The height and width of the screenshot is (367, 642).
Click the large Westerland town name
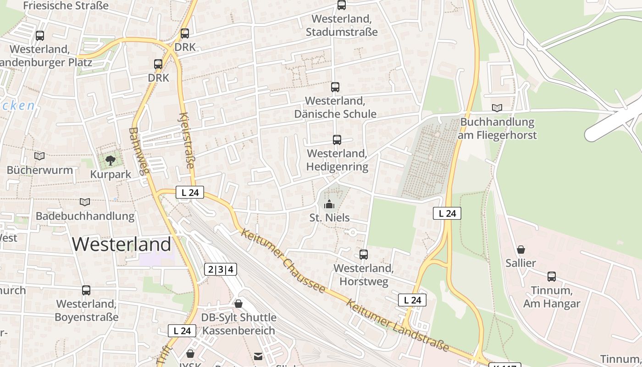click(x=122, y=244)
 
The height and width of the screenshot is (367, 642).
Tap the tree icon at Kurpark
click(x=110, y=160)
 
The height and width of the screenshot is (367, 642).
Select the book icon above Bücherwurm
click(x=39, y=156)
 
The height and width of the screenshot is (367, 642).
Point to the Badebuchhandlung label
click(x=85, y=216)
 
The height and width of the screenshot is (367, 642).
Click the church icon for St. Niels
click(x=329, y=204)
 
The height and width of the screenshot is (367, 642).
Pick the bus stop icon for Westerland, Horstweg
click(x=364, y=254)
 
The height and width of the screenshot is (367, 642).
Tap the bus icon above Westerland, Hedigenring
click(x=337, y=139)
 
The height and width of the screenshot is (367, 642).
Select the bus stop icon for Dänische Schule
click(x=335, y=87)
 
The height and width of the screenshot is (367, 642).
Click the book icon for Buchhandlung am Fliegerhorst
click(x=497, y=108)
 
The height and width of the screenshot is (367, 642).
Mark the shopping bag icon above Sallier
click(x=520, y=250)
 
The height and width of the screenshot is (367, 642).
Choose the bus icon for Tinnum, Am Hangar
click(x=551, y=277)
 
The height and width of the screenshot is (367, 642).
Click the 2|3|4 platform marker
click(x=221, y=269)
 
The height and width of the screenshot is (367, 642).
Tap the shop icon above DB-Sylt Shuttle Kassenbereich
click(x=238, y=304)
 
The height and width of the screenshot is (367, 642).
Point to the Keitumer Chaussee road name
click(x=282, y=261)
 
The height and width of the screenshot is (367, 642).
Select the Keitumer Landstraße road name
click(x=397, y=325)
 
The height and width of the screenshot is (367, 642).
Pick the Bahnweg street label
click(x=139, y=151)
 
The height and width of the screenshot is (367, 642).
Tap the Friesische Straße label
click(x=66, y=6)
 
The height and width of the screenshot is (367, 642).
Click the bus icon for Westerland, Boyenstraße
click(x=86, y=290)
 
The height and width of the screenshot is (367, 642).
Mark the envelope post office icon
click(x=259, y=356)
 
